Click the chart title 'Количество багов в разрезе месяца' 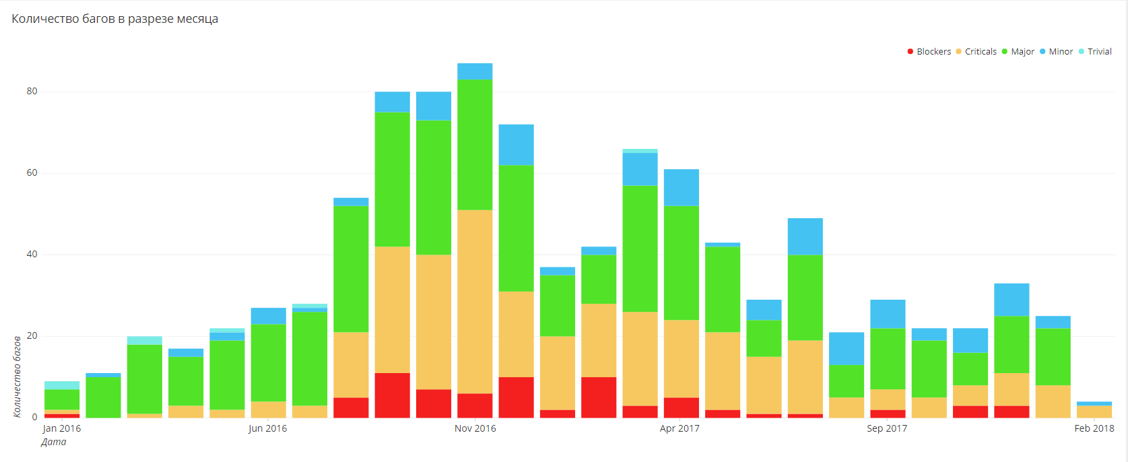coord(115,19)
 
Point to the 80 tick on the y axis coord(32,92)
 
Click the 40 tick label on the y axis coord(32,255)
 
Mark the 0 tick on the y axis coord(35,418)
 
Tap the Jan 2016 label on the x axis coord(62,428)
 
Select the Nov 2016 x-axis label coord(475,428)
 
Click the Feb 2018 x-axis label coord(1094,428)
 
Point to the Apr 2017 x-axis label coord(680,428)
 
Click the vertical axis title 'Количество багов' coord(17,376)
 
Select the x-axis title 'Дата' coord(54,442)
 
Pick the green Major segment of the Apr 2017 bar coord(682,263)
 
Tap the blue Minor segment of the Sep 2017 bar coord(888,314)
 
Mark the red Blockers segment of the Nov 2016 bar coord(475,405)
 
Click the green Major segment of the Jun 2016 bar coord(269,363)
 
